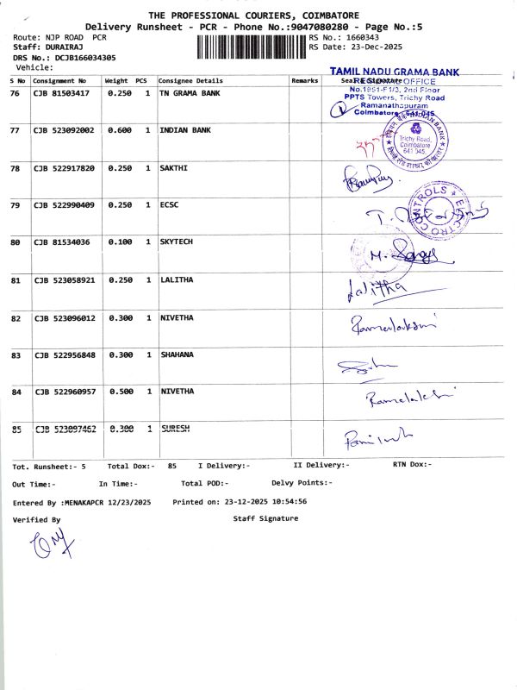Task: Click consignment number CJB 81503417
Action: (61, 92)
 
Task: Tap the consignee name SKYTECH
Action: (177, 242)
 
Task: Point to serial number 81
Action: (15, 280)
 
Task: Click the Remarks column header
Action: (305, 80)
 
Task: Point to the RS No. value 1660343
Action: (361, 38)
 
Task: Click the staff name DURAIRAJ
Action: (63, 47)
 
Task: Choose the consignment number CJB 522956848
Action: (64, 354)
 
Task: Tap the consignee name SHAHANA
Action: (177, 354)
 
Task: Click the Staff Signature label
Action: (265, 518)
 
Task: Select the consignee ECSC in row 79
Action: (169, 204)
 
